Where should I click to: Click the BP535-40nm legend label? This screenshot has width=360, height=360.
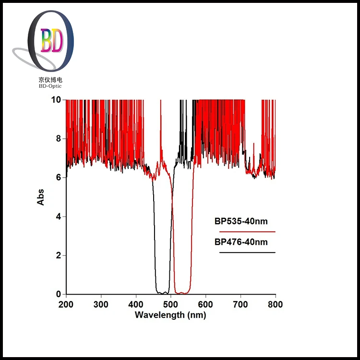click(241, 222)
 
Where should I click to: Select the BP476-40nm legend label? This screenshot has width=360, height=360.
click(241, 242)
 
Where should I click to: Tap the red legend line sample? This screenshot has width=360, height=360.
click(247, 231)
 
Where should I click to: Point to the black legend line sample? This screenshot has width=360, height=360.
click(247, 252)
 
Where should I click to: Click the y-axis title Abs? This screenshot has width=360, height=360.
click(41, 197)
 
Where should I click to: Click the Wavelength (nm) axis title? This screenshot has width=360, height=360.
click(170, 315)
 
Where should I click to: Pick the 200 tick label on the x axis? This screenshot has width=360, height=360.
click(66, 304)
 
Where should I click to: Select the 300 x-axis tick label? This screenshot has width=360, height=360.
click(101, 304)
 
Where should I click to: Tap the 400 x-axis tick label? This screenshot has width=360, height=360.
click(136, 304)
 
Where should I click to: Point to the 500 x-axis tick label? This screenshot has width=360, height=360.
click(171, 304)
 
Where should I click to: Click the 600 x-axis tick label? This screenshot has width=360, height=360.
click(205, 304)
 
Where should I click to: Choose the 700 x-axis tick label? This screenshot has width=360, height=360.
click(240, 304)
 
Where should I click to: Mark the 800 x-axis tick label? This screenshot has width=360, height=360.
click(275, 304)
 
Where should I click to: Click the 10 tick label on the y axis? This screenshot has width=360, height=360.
click(56, 100)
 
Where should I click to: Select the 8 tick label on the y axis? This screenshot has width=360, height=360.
click(58, 139)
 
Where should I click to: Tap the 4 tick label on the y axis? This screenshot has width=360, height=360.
click(58, 216)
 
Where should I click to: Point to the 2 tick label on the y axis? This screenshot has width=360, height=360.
click(58, 255)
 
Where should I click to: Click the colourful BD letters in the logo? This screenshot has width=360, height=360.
click(51, 41)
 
